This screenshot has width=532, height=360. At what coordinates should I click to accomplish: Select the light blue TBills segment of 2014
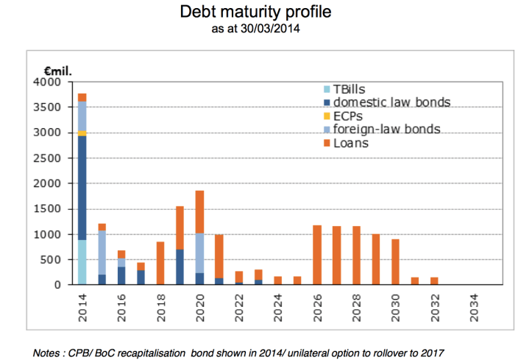pos(82,262)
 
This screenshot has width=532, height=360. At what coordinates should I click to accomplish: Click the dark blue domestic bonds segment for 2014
pos(82,188)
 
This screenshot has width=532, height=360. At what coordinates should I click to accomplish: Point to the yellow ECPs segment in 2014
pos(82,133)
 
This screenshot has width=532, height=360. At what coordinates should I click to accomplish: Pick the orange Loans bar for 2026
pos(317,255)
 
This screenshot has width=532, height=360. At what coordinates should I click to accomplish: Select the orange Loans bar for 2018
pos(160,263)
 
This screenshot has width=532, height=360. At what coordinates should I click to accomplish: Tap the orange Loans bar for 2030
pos(396,261)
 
